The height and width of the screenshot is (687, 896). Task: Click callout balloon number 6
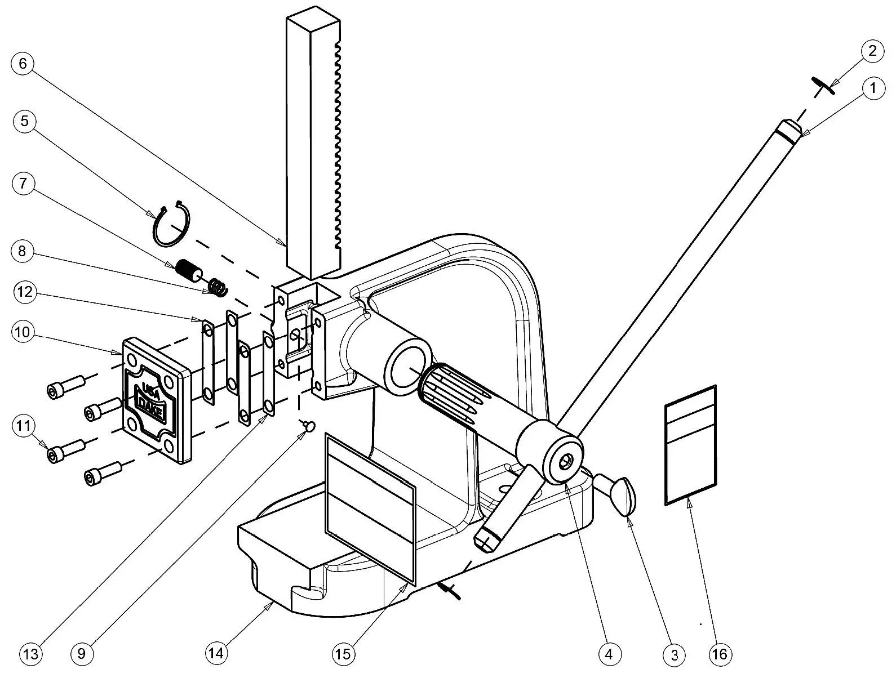point(23,63)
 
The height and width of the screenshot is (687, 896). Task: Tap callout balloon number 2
point(872,51)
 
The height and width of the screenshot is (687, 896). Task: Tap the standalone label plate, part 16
point(690,445)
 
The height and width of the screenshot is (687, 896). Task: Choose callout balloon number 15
point(343,654)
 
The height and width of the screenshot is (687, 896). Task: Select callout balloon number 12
point(23,292)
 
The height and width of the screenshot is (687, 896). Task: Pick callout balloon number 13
point(30,654)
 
